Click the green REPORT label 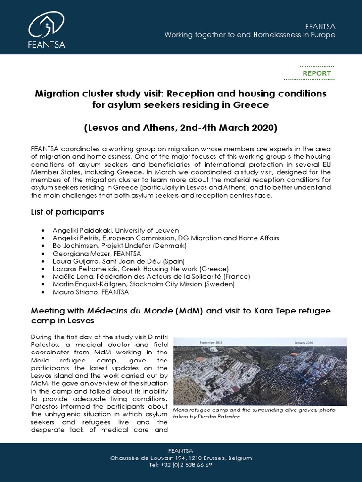point(316,73)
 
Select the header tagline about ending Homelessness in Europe point(249,35)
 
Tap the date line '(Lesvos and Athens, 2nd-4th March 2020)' point(181,128)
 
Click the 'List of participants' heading point(67,212)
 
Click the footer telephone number point(181,465)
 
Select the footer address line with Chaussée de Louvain point(181,458)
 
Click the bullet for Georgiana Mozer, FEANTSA point(43,253)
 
